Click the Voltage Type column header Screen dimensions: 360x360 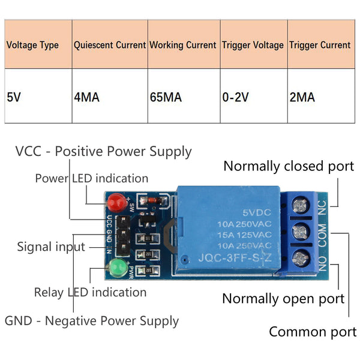point(32,45)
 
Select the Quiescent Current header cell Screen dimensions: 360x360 point(110,45)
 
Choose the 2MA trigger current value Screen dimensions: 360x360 point(302,97)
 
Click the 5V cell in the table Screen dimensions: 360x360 point(14,97)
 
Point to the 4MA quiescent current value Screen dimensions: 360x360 point(86,97)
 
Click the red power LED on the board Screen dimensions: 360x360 point(115,200)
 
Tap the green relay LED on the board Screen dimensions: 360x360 point(116,266)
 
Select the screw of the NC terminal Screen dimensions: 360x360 point(302,206)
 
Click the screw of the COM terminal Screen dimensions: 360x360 point(302,232)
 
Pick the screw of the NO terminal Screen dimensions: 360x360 point(302,259)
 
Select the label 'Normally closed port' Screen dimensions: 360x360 point(289,166)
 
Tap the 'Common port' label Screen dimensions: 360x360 point(312,331)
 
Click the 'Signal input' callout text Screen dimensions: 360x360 point(51,247)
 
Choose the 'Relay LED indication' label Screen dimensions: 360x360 point(90,292)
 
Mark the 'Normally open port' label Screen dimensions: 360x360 point(283,298)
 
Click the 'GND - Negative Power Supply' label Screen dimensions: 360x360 point(92,320)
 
